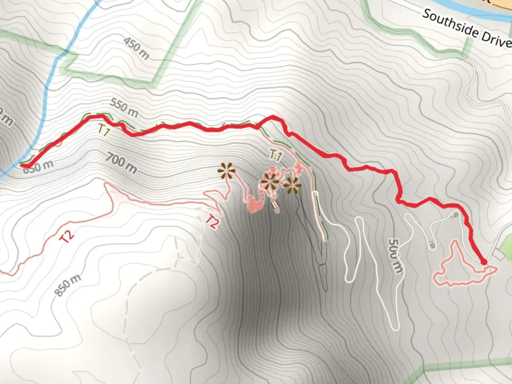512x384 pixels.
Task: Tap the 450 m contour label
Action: [x=136, y=48]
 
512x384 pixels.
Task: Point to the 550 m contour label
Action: [x=124, y=107]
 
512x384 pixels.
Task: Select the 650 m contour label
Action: [x=38, y=166]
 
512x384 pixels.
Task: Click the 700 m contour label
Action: [x=121, y=163]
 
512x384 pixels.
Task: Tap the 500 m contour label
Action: [x=394, y=256]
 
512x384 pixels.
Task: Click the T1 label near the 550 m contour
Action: [x=103, y=131]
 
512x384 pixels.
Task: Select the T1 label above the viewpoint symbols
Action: [x=276, y=155]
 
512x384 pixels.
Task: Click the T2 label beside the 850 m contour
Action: [x=67, y=236]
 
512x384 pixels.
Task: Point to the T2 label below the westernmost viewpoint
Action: [x=212, y=222]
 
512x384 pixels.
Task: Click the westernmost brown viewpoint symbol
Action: [x=227, y=171]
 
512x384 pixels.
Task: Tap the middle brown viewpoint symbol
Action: [x=270, y=182]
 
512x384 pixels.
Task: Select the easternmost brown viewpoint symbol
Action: [x=292, y=185]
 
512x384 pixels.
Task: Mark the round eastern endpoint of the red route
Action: [x=484, y=262]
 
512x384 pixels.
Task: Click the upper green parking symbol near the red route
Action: [x=454, y=215]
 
